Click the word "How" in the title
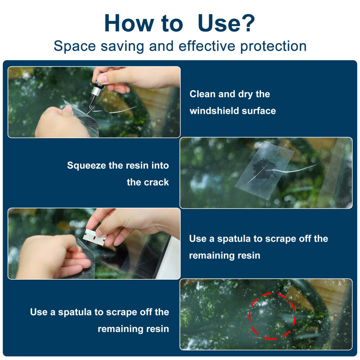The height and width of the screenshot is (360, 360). coord(129,23)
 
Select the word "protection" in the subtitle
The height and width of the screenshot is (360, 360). coord(273,46)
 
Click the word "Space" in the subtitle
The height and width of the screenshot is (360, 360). coord(75,46)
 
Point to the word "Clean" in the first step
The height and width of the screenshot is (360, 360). coord(203,94)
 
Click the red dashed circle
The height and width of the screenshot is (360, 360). coord(272,293)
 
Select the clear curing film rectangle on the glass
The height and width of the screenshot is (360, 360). coord(264,170)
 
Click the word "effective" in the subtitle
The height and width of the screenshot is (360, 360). coord(207,46)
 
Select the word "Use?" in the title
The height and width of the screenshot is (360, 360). coord(226,23)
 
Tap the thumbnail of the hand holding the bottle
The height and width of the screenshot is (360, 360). coord(94,102)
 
